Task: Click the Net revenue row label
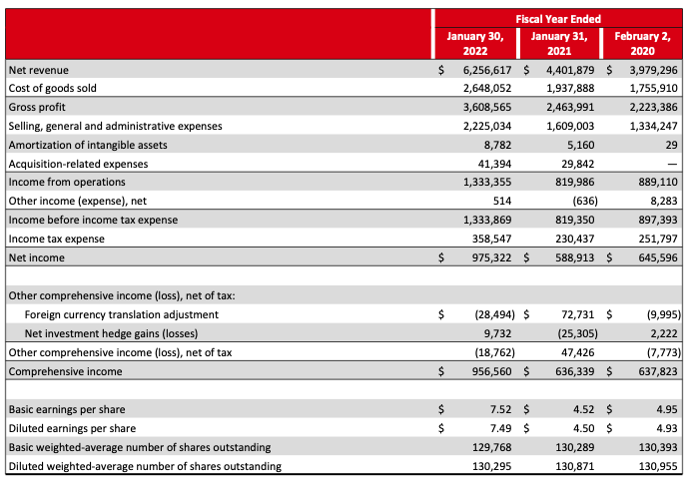32,71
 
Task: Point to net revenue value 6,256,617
488,71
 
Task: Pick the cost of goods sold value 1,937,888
571,89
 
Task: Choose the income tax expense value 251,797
655,239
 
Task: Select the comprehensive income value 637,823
655,371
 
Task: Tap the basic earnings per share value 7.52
502,409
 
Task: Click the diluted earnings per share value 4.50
584,428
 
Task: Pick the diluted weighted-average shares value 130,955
655,466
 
